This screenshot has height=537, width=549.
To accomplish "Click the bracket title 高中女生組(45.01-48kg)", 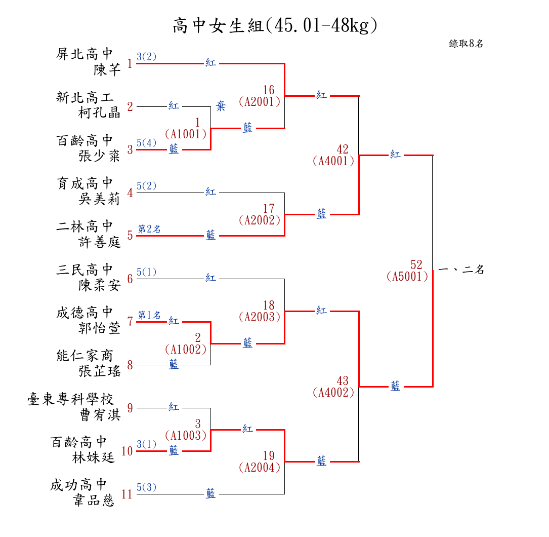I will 275,25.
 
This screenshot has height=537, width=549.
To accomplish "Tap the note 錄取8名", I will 466,44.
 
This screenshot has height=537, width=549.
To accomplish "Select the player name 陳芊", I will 107,69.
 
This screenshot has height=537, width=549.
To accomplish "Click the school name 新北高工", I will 85,97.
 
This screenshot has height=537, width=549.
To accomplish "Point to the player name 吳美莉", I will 99,199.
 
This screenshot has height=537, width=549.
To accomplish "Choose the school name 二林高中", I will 85,226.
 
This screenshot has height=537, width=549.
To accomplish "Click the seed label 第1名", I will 149,315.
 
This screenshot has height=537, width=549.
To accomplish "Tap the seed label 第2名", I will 149,229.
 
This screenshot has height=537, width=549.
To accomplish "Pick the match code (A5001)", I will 407,277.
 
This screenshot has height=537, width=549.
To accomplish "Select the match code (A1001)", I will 186,134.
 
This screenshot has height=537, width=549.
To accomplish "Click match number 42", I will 343,149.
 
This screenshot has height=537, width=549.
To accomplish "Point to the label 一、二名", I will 461,270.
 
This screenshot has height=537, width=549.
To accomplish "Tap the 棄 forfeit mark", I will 221,106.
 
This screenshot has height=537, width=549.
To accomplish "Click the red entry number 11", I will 126,494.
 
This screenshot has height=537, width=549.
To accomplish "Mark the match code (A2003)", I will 259,317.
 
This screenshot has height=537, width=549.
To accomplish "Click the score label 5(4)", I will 147,143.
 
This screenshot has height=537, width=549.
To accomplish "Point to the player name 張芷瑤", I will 99,371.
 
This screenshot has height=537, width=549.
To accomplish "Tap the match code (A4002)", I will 333,392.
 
